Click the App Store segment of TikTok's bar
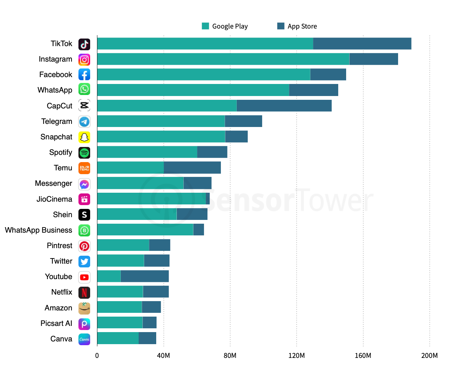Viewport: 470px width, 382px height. point(362,44)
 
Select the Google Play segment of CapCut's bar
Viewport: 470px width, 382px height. point(167,106)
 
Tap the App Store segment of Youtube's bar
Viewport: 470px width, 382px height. point(145,276)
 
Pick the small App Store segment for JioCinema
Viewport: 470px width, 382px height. point(208,199)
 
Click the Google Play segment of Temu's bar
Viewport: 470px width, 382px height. point(130,168)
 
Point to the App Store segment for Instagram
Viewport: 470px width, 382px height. point(374,59)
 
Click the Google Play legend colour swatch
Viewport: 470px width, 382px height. point(205,26)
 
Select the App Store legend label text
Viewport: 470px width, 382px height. point(302,26)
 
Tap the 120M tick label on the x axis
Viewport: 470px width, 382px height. point(296,356)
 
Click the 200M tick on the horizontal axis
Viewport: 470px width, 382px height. point(429,356)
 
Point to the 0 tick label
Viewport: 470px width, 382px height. point(97,356)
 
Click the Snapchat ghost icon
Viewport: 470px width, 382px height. point(84,137)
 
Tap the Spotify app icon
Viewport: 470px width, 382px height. point(84,152)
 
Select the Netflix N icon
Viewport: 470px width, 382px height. point(84,293)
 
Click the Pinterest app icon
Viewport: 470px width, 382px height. point(84,246)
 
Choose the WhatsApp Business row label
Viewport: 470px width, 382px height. point(39,230)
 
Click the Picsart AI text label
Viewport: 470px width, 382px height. point(56,323)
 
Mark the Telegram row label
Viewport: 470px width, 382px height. point(57,121)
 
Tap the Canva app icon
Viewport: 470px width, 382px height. point(84,339)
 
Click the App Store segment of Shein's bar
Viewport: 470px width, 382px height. point(192,214)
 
